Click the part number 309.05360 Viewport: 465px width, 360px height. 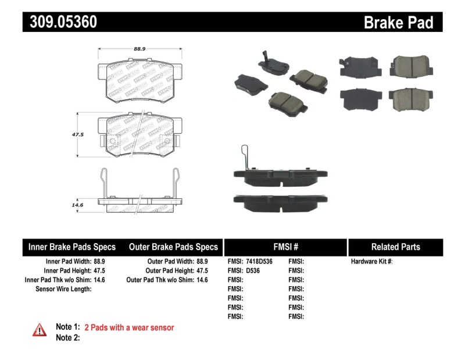[60, 22]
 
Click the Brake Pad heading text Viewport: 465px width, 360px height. [398, 22]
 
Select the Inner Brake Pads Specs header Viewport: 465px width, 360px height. [72, 247]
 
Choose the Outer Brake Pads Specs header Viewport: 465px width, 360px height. [173, 247]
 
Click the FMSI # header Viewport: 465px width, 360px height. [285, 247]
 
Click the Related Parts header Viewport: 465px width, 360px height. [395, 247]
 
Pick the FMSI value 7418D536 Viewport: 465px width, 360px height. [260, 262]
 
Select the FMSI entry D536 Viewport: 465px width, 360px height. [253, 270]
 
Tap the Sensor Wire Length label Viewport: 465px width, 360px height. [63, 288]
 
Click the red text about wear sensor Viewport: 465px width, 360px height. [129, 327]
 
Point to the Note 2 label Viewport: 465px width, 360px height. [67, 337]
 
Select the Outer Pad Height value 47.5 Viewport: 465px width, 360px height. [202, 270]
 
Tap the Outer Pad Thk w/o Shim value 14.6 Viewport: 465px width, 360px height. [202, 280]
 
